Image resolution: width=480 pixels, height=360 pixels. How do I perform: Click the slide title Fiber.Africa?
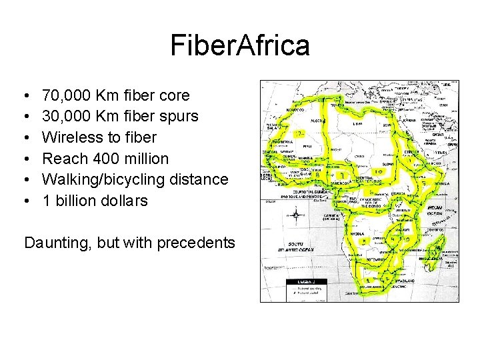[240, 46]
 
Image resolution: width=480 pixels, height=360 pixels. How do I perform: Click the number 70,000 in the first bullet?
[67, 96]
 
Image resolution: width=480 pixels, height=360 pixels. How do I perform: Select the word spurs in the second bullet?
[178, 117]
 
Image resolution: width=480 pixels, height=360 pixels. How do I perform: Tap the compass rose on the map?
[296, 215]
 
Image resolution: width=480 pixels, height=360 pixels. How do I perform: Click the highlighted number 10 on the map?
[378, 171]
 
